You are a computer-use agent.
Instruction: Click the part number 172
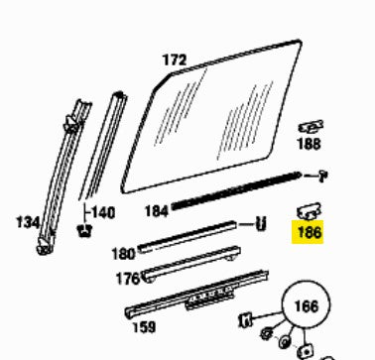pyautogui.click(x=175, y=60)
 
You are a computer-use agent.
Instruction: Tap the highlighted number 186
pyautogui.click(x=310, y=232)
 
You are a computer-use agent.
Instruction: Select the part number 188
pyautogui.click(x=309, y=144)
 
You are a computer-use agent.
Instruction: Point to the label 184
pyautogui.click(x=157, y=211)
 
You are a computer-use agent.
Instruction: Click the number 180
pyautogui.click(x=124, y=254)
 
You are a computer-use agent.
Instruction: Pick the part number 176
pyautogui.click(x=128, y=279)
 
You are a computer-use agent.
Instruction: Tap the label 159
pyautogui.click(x=144, y=327)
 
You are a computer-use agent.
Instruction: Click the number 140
pyautogui.click(x=103, y=212)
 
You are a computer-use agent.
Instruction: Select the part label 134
pyautogui.click(x=28, y=222)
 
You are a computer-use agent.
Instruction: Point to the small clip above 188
pyautogui.click(x=311, y=127)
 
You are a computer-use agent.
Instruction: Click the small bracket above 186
pyautogui.click(x=309, y=211)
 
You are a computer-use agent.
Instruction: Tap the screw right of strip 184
pyautogui.click(x=322, y=176)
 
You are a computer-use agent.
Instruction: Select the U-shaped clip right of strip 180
pyautogui.click(x=261, y=224)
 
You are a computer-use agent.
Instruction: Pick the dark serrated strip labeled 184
pyautogui.click(x=236, y=190)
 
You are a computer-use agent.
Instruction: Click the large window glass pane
pyautogui.click(x=211, y=116)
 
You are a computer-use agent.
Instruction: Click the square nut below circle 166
pyautogui.click(x=305, y=351)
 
